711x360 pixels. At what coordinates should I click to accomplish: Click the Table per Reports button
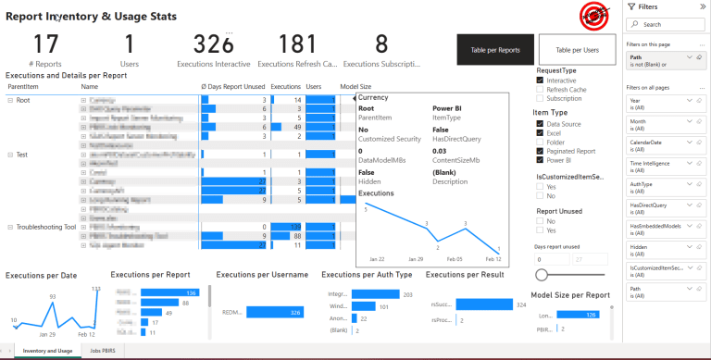click(x=495, y=50)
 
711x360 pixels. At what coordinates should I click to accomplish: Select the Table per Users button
click(x=577, y=50)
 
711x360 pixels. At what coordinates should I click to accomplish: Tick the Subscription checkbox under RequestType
click(x=541, y=98)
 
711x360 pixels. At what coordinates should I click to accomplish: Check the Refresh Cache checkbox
click(x=541, y=89)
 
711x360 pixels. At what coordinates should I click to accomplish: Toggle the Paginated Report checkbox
click(x=541, y=151)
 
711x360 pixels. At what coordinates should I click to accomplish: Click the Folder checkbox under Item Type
click(x=541, y=142)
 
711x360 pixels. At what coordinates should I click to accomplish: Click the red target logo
click(x=592, y=14)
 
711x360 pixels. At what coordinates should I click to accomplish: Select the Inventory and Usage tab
click(x=47, y=352)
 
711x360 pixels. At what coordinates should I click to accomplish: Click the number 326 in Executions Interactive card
click(x=213, y=44)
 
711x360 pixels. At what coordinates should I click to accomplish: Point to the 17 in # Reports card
click(x=45, y=44)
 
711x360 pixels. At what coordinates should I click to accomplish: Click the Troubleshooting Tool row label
click(x=44, y=227)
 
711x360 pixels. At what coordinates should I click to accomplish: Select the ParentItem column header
click(x=22, y=86)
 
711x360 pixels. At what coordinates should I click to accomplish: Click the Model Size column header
click(x=355, y=86)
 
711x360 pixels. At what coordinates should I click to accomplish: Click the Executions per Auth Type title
click(x=368, y=275)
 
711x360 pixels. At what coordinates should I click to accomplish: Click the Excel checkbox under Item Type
click(x=541, y=132)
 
